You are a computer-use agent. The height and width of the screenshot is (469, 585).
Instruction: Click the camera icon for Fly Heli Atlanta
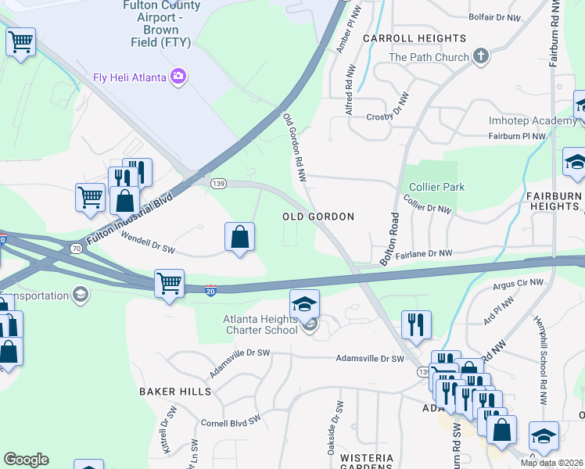click(179, 77)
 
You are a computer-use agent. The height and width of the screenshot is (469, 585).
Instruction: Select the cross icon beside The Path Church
click(480, 56)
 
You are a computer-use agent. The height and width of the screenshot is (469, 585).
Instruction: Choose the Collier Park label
click(436, 187)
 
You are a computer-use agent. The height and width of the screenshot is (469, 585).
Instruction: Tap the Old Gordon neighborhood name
click(318, 217)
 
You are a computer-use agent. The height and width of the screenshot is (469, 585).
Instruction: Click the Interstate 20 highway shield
click(211, 290)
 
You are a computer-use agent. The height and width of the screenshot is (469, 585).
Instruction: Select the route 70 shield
click(76, 249)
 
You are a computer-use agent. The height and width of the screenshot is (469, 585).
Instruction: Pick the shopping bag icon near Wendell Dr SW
click(239, 237)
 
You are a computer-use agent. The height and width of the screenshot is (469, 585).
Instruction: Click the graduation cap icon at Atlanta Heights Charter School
click(304, 303)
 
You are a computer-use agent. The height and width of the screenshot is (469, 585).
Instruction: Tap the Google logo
click(26, 459)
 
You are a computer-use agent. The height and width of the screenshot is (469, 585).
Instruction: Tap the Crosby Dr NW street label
click(389, 117)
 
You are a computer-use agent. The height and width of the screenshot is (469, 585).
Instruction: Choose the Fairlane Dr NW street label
click(424, 253)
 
